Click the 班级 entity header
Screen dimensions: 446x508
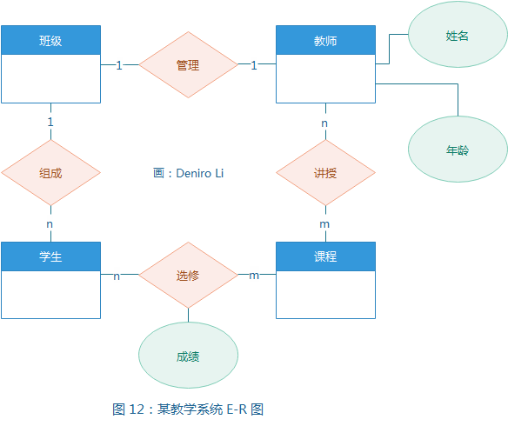[50, 40]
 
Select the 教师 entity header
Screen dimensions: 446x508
[325, 40]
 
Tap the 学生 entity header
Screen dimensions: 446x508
[50, 256]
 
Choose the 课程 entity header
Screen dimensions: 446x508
[325, 256]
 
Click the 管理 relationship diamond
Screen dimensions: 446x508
[188, 65]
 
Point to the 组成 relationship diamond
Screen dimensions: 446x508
[50, 173]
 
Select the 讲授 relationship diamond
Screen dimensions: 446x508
[325, 173]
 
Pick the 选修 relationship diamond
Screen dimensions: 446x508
[188, 276]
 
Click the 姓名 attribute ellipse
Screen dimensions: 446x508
[458, 36]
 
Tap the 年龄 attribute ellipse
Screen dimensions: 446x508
[458, 150]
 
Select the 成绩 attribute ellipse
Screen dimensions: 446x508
[188, 356]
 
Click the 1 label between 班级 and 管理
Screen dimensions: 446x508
[119, 65]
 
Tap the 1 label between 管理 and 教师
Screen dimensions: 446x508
[254, 65]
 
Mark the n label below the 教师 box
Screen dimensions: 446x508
[324, 123]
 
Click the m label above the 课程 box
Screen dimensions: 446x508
[324, 223]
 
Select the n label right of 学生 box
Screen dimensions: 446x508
[117, 276]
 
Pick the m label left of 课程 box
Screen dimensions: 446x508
[254, 276]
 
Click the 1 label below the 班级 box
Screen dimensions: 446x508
[50, 122]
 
